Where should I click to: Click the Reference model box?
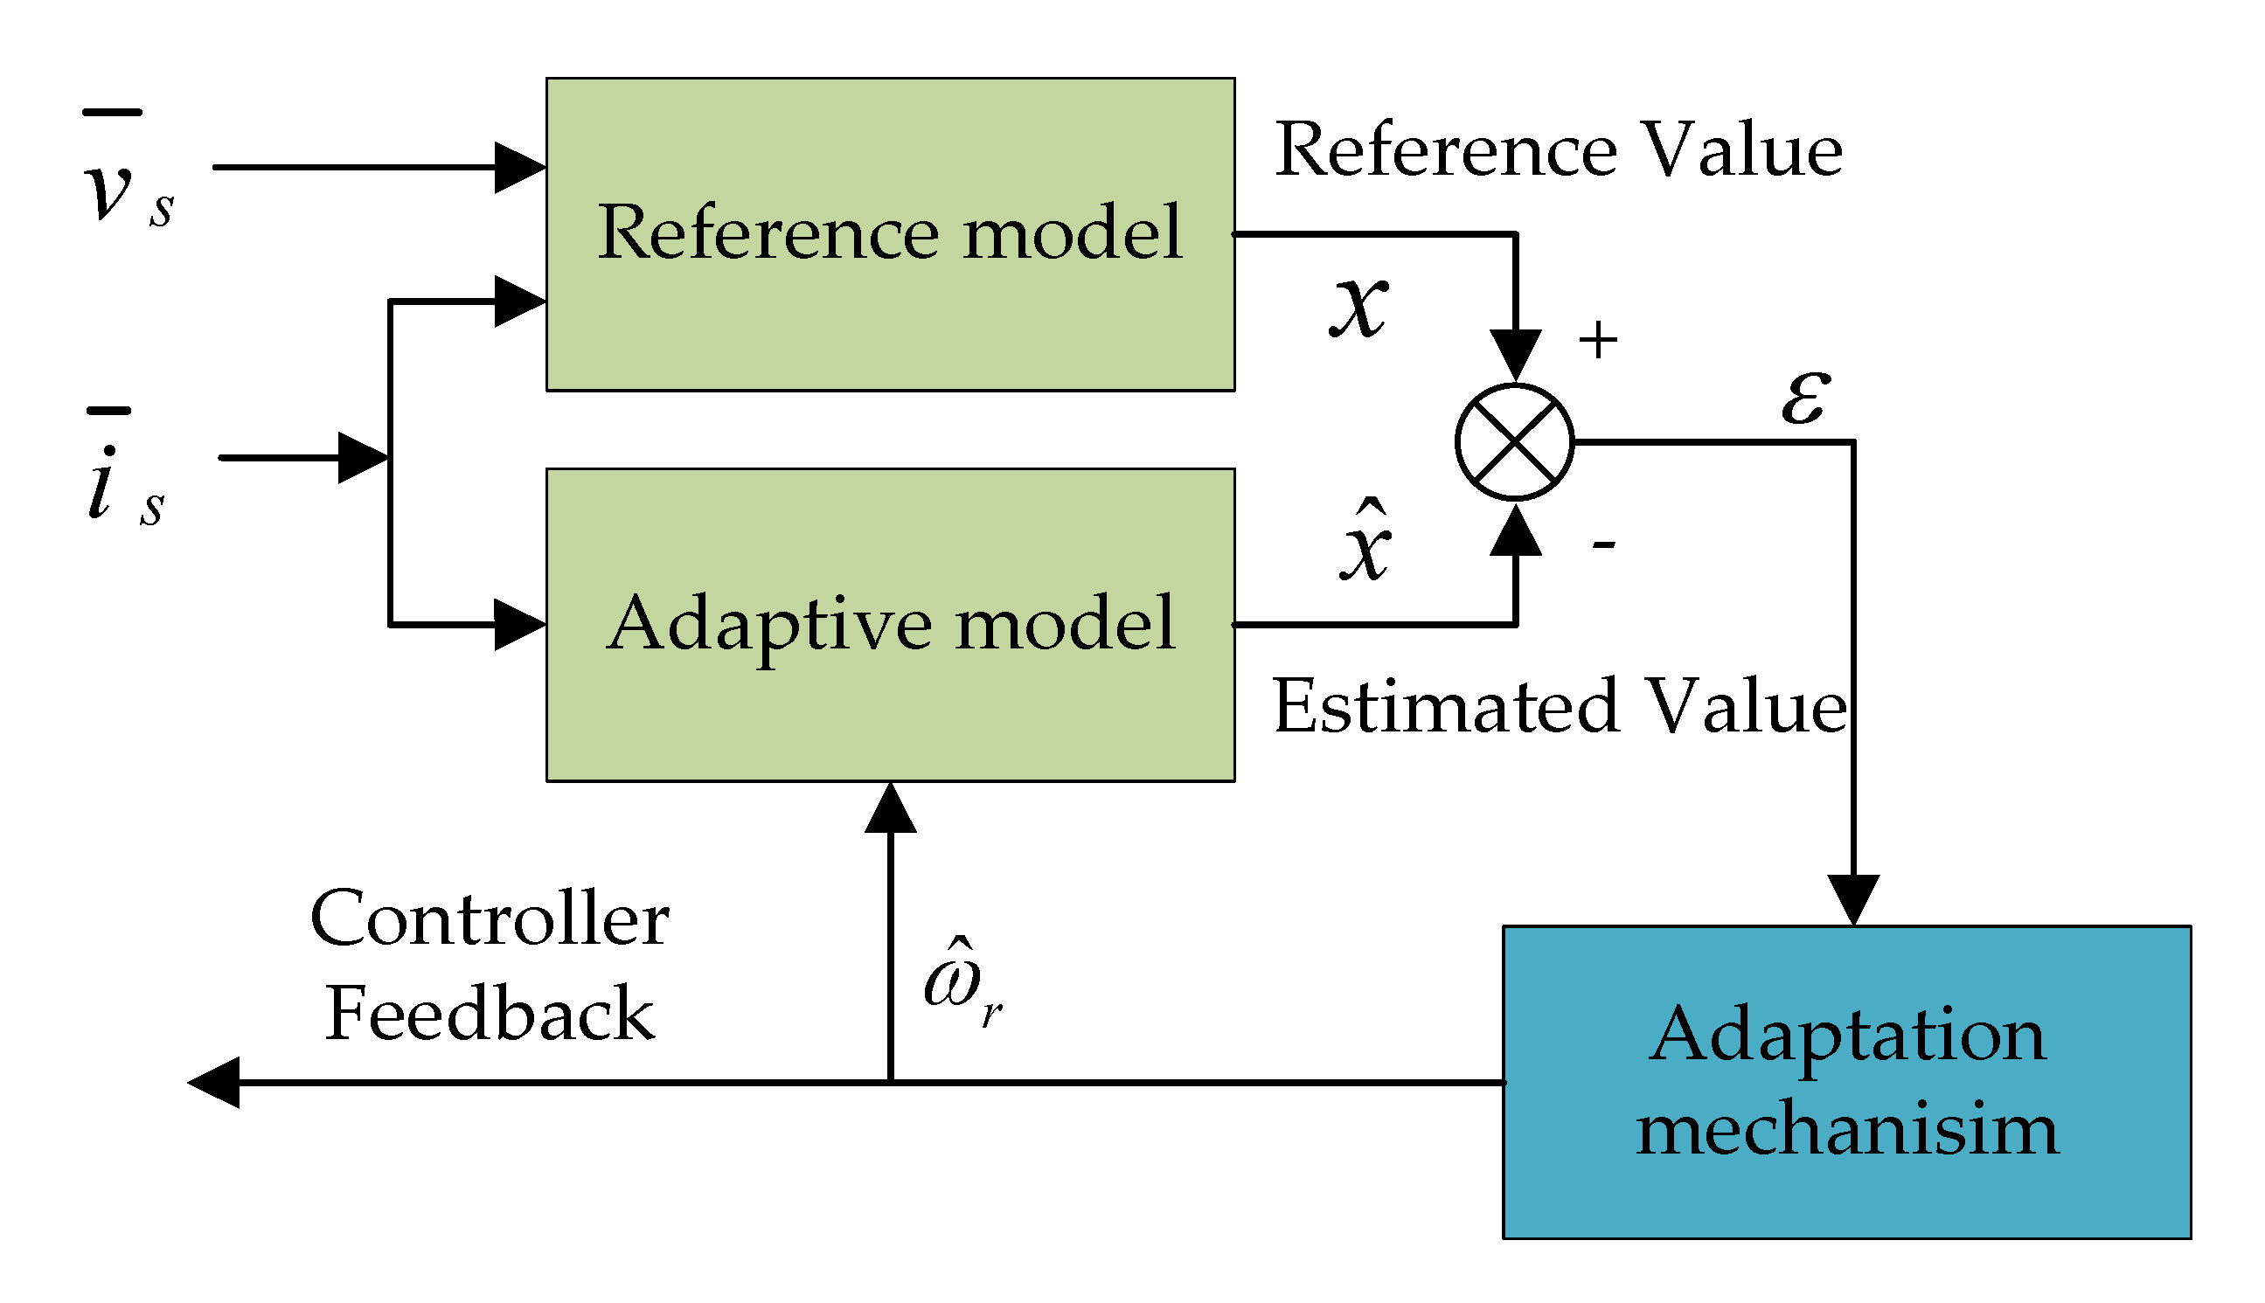click(890, 234)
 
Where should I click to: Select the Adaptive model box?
click(890, 625)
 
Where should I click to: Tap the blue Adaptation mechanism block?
click(1846, 1082)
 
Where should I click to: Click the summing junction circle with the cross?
click(1514, 442)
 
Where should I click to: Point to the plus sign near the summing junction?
click(1597, 340)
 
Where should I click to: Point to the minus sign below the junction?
click(1602, 544)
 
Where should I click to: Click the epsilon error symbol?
click(1805, 396)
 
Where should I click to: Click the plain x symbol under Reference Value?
click(1358, 307)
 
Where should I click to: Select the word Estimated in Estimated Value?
click(1445, 707)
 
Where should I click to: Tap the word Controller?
click(490, 919)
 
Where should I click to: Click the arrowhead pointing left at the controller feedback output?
click(215, 1083)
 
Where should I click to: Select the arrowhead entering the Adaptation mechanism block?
click(1853, 899)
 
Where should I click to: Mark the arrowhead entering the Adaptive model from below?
click(891, 808)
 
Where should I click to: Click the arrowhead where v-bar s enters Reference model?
click(520, 167)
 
